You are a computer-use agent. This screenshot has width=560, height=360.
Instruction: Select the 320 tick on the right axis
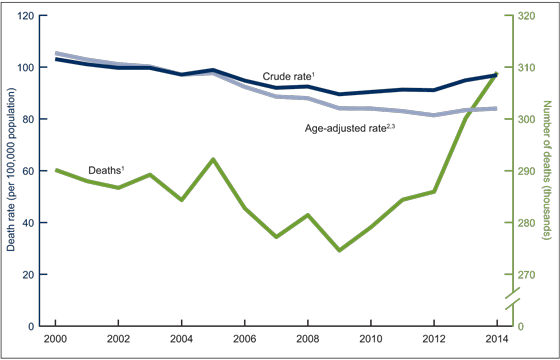point(524,16)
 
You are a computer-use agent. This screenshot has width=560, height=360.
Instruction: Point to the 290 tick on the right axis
point(524,171)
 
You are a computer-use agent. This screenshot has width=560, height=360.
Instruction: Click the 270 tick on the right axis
point(524,275)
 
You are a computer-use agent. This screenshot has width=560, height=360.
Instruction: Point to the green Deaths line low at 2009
point(339,250)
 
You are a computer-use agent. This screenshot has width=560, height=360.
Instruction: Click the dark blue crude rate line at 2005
point(213,70)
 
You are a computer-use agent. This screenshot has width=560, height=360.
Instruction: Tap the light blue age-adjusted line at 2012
point(434,115)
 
